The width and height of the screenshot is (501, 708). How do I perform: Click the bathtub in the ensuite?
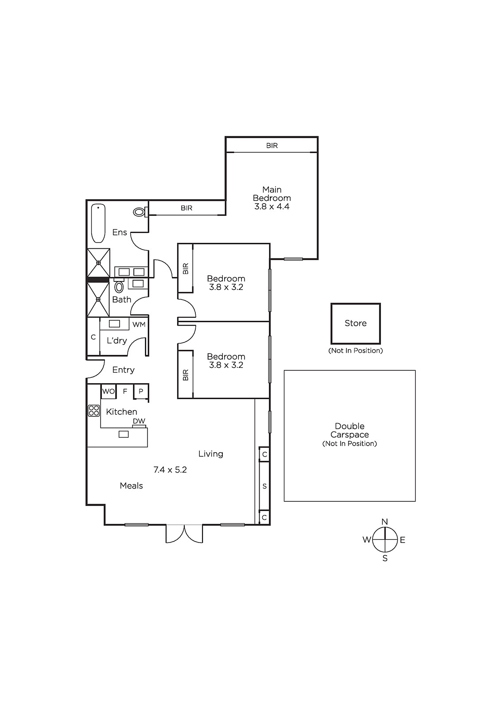[x=98, y=223]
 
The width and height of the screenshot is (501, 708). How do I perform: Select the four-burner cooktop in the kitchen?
[x=93, y=411]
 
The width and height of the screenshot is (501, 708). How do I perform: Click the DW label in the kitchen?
[x=139, y=421]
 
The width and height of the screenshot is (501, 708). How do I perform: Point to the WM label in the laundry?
[x=139, y=325]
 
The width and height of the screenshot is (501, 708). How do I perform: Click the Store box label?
[x=355, y=323]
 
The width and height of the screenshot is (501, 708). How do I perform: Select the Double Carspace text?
[x=350, y=430]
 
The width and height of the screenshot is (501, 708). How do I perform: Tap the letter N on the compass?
[x=384, y=522]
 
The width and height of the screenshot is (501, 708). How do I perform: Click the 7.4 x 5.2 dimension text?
[x=170, y=469]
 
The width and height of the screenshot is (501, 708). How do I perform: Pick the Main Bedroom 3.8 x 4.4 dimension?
[x=272, y=206]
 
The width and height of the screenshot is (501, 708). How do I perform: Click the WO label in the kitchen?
[x=108, y=391]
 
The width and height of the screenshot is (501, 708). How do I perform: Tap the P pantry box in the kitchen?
[x=141, y=391]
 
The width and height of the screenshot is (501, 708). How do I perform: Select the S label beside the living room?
[x=264, y=486]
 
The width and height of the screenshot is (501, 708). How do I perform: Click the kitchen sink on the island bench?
[x=124, y=434]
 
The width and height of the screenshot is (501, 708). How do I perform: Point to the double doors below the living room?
[x=184, y=534]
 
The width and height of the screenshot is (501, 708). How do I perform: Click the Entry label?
[x=124, y=370]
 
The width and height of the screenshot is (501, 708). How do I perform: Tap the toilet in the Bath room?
[x=119, y=286]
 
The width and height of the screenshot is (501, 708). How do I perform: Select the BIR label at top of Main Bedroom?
[x=272, y=146]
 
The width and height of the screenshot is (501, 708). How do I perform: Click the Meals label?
[x=132, y=485]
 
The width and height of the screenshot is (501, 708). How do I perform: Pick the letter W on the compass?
[x=367, y=539]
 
